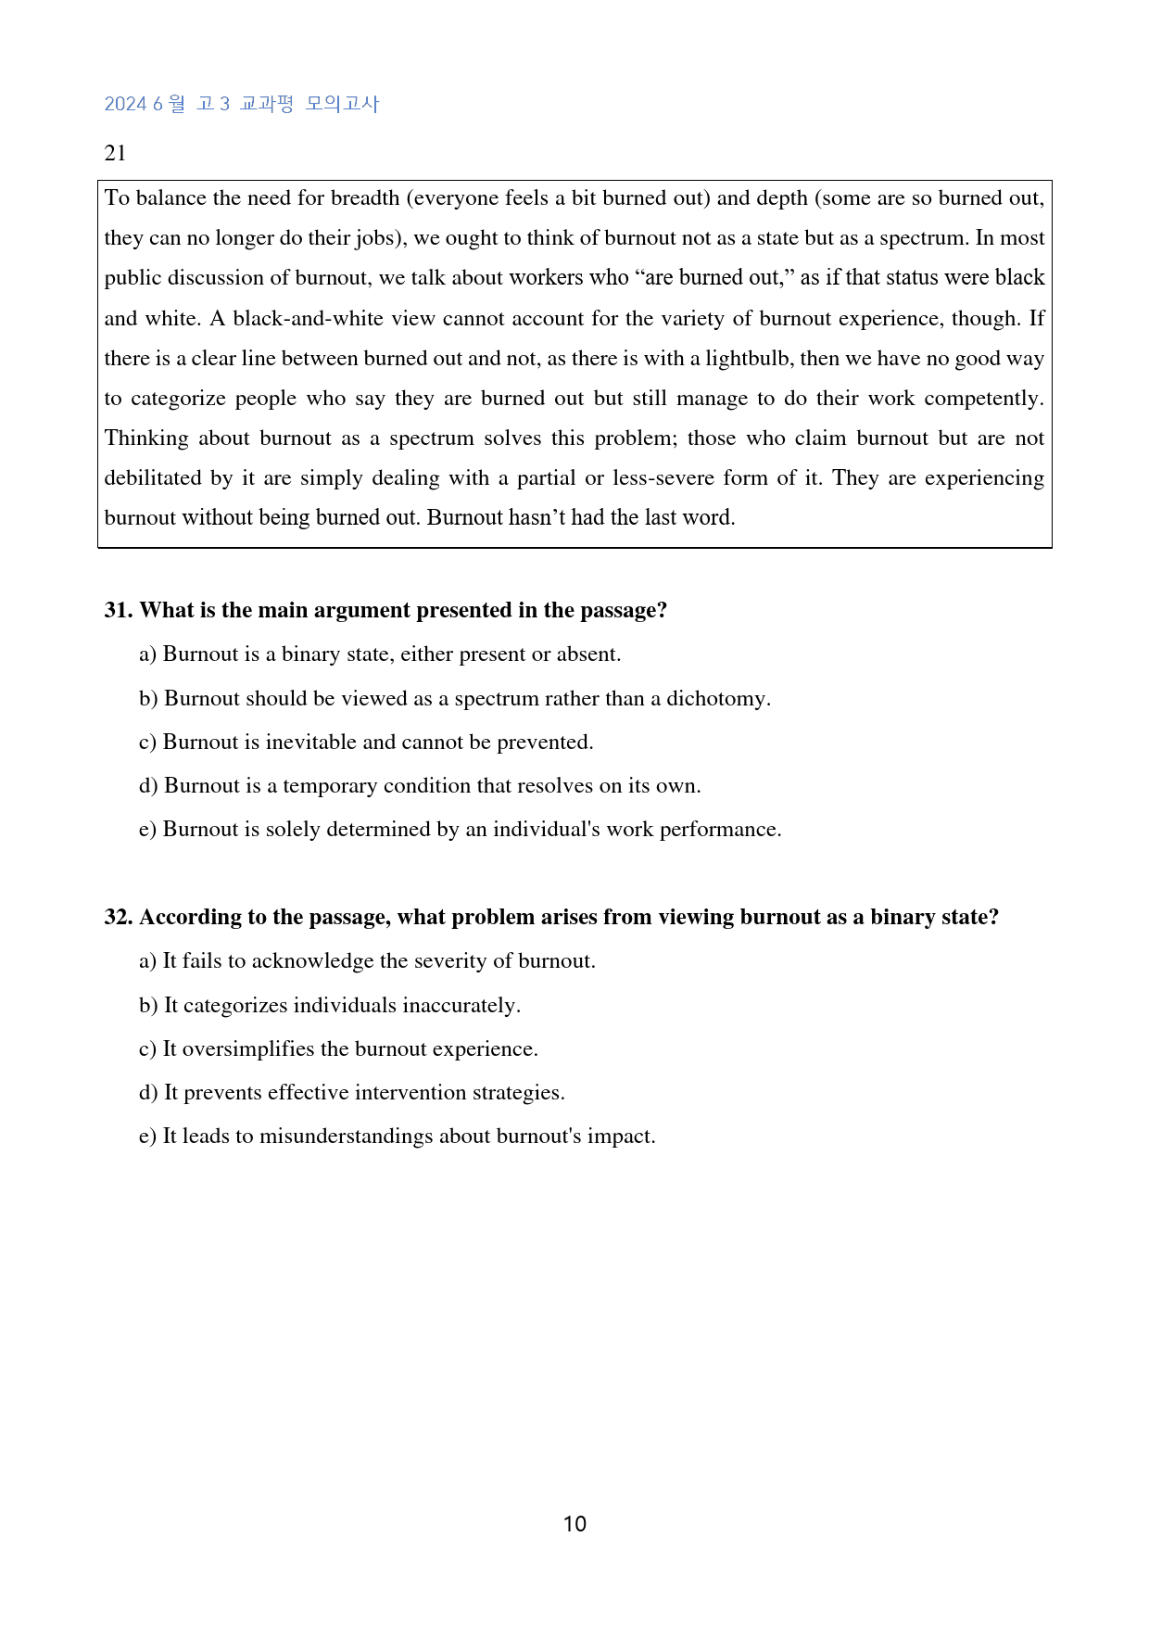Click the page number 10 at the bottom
click(x=574, y=1524)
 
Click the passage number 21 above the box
click(x=115, y=153)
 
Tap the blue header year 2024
click(x=125, y=104)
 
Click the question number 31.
click(x=119, y=610)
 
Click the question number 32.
click(x=119, y=917)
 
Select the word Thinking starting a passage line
click(x=146, y=438)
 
